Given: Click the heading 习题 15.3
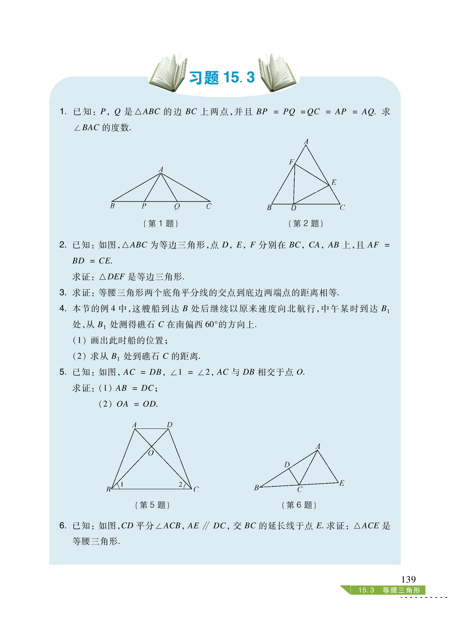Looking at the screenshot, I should tap(222, 78).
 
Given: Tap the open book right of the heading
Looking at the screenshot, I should tap(277, 74).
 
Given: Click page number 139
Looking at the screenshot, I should tap(408, 579).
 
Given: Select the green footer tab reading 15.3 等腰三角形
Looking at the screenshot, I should tap(389, 590).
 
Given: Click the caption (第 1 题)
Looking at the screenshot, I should tap(161, 223).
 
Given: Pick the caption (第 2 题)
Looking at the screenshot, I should tap(306, 223).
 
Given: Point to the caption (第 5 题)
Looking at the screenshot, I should tap(152, 505).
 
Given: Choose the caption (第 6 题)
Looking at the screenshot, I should tap(299, 505).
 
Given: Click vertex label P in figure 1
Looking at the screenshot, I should tap(144, 206).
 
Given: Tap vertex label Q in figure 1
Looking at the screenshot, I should tap(177, 206).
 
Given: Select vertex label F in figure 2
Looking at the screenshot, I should tap(292, 162).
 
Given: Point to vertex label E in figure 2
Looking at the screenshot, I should tap(334, 182).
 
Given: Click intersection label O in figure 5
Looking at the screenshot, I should tap(151, 453).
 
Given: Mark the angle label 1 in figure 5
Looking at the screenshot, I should tap(122, 484).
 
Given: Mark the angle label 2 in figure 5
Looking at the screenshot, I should tap(180, 484).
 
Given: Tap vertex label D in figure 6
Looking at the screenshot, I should tap(287, 465).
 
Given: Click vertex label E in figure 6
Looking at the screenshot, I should tap(341, 483).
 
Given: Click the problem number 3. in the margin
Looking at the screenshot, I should tap(63, 293).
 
